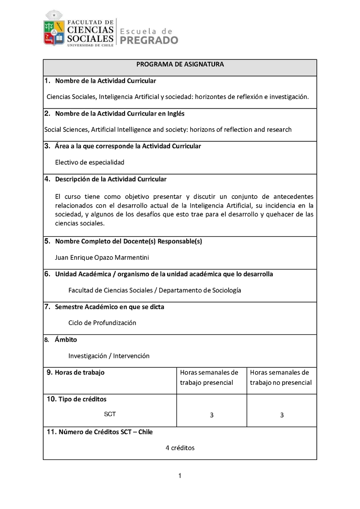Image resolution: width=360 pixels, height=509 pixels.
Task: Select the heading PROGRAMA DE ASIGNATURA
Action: [180, 64]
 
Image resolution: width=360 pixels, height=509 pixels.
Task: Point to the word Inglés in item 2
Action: [175, 113]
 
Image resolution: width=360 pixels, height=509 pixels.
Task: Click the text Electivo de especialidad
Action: [90, 162]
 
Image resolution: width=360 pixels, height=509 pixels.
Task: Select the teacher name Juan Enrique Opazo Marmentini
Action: [102, 257]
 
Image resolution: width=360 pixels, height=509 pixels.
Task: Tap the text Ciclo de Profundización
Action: [102, 323]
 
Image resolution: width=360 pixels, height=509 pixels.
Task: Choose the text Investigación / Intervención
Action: [109, 356]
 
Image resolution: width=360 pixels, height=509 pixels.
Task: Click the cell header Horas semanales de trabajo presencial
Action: [209, 378]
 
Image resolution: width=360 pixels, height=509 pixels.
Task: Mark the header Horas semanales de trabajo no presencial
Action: [280, 378]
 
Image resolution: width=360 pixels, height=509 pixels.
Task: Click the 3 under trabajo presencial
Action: [211, 415]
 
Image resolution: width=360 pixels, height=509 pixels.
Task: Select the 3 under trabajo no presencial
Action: [282, 415]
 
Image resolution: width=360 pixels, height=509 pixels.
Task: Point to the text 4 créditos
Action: [180, 448]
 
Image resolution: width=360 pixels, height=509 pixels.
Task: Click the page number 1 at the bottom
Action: [180, 476]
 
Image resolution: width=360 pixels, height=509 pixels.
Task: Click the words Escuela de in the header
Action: [147, 31]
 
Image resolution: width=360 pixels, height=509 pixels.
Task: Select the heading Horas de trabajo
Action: [79, 372]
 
